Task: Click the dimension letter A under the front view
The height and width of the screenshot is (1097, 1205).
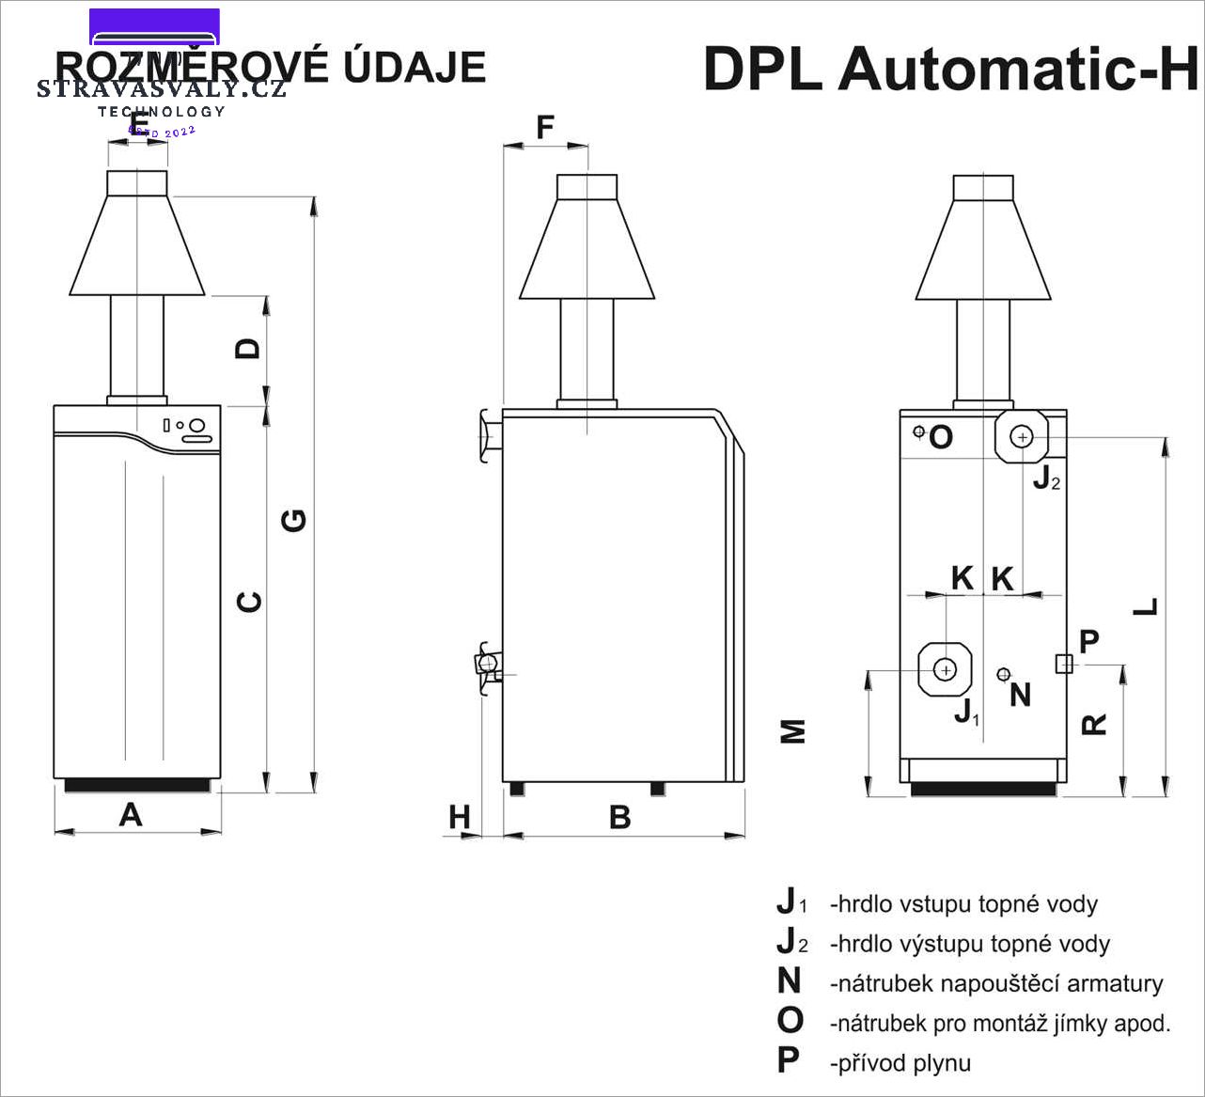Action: point(131,814)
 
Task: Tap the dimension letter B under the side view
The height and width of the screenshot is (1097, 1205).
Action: point(619,817)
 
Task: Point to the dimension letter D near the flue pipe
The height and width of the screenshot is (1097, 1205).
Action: point(248,349)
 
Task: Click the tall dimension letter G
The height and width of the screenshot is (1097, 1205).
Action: point(294,520)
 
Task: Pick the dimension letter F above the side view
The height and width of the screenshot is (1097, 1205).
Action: point(545,127)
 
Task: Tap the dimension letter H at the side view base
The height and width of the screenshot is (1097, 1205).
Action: point(459,817)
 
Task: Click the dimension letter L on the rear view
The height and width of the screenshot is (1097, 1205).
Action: point(1146,607)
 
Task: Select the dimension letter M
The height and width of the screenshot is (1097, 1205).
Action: point(794,731)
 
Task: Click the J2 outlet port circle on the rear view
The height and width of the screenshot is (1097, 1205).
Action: point(1022,436)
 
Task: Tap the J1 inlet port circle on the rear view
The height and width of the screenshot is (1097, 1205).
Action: point(947,668)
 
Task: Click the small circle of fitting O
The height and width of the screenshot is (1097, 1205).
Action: point(919,431)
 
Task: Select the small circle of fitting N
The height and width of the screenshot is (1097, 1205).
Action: point(1004,673)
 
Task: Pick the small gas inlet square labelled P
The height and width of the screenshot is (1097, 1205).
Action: point(1064,664)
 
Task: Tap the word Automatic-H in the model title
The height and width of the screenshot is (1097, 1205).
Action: point(1020,69)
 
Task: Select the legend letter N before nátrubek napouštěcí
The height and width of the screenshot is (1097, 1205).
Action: point(789,981)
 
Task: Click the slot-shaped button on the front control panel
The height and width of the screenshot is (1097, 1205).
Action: point(196,438)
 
